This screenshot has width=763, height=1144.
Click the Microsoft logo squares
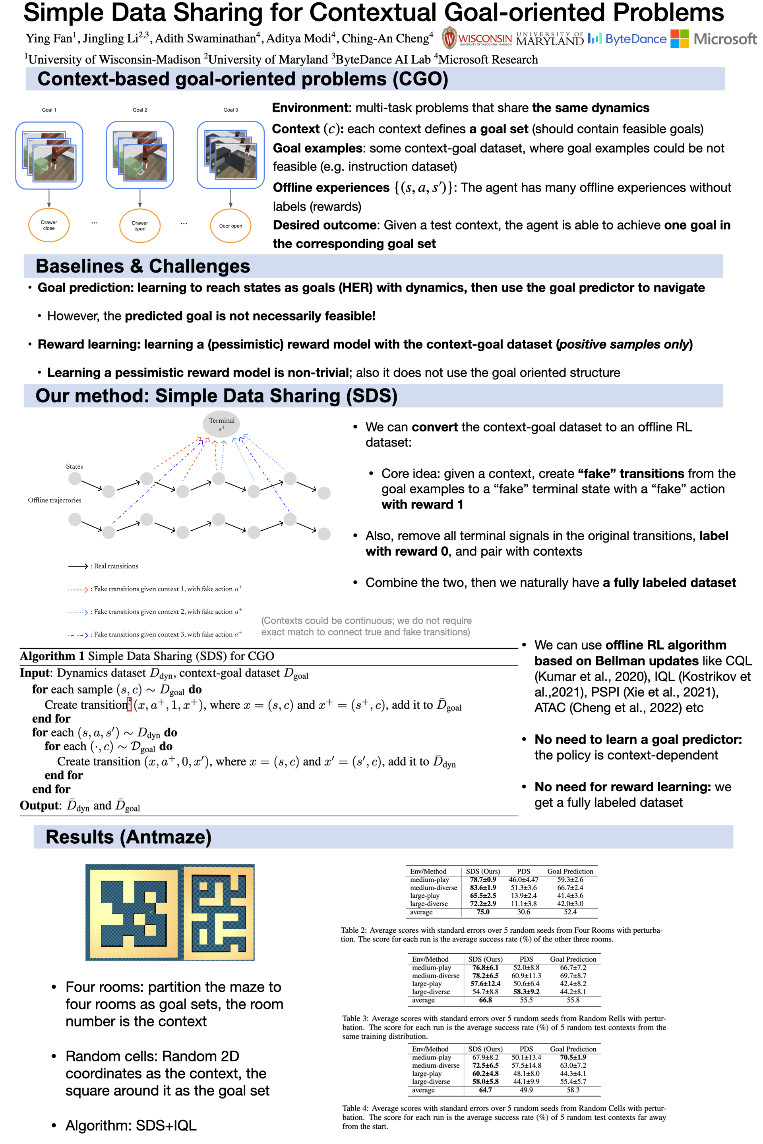click(679, 39)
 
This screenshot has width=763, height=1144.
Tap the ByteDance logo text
click(635, 39)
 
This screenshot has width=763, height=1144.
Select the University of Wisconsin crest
click(449, 38)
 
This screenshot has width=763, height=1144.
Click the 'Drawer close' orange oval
click(49, 225)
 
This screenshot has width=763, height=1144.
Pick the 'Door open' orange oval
click(230, 226)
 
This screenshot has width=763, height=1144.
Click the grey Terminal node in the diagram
click(221, 424)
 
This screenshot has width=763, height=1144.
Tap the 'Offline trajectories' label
click(54, 500)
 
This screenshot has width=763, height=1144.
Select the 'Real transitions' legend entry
click(103, 566)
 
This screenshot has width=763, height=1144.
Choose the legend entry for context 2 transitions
click(155, 612)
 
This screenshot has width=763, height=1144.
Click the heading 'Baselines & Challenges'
click(143, 266)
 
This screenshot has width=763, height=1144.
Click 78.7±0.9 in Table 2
click(483, 879)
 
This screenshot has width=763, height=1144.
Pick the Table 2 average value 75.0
click(483, 912)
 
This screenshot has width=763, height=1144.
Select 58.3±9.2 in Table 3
click(526, 992)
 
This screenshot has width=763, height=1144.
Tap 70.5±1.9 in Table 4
click(573, 1057)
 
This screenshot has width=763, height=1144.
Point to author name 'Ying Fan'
click(48, 39)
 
